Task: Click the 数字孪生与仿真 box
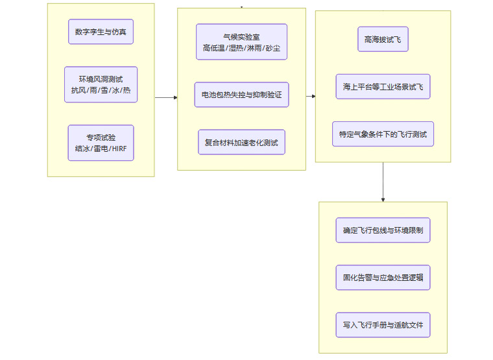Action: coord(101,32)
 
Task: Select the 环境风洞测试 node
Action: coord(101,84)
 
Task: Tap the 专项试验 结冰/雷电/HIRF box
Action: coord(101,143)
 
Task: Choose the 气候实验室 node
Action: coord(241,42)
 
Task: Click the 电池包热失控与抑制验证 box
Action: coord(241,95)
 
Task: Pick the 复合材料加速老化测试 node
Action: coord(241,142)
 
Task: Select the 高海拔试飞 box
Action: coord(383,39)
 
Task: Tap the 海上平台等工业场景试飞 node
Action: coord(383,86)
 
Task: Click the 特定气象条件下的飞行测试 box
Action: coord(383,134)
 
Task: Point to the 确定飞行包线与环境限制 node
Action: coord(383,230)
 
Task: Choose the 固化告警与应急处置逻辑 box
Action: coord(383,278)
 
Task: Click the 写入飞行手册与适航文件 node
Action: coord(383,325)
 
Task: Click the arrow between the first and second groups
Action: coord(166,97)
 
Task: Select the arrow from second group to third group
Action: coord(311,96)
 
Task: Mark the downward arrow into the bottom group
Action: coord(383,182)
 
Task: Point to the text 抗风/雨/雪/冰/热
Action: coord(101,90)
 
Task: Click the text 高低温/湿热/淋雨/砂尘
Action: coord(241,48)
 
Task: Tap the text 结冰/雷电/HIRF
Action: coord(101,149)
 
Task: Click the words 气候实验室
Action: coord(241,36)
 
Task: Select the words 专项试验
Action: coord(101,138)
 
